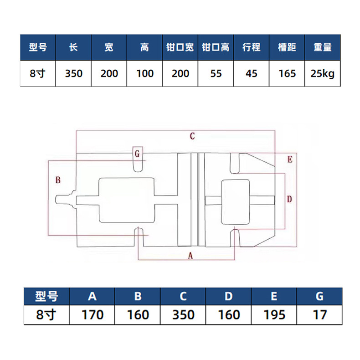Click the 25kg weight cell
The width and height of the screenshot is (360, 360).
coord(322,74)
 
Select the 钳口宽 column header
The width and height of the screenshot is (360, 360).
coord(180,47)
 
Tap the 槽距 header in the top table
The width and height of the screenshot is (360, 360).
coord(287,47)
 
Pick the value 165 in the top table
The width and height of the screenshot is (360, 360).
coord(287,74)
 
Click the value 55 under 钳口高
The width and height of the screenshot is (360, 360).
coord(216,74)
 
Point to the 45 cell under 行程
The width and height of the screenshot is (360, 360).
coord(252,74)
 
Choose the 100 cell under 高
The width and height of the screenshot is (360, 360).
coord(145,74)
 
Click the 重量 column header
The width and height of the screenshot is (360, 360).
coord(323,47)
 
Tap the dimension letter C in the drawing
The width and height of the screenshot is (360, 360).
coord(192,136)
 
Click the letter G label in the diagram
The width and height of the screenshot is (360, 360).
coord(137,154)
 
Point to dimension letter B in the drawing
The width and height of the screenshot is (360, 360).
coord(58,180)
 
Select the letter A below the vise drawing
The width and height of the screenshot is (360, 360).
coord(190,256)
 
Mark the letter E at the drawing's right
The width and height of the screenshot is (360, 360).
coord(290,159)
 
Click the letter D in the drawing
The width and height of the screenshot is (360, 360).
coord(289,199)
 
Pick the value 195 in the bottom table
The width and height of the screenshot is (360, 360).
coord(274,315)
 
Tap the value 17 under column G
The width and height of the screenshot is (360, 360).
coord(319,315)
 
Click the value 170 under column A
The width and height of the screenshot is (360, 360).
coord(93,315)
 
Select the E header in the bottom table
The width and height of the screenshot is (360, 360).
coord(274,296)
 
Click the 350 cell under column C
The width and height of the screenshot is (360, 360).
coord(184,315)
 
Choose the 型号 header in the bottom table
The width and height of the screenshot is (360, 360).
coord(46,296)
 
